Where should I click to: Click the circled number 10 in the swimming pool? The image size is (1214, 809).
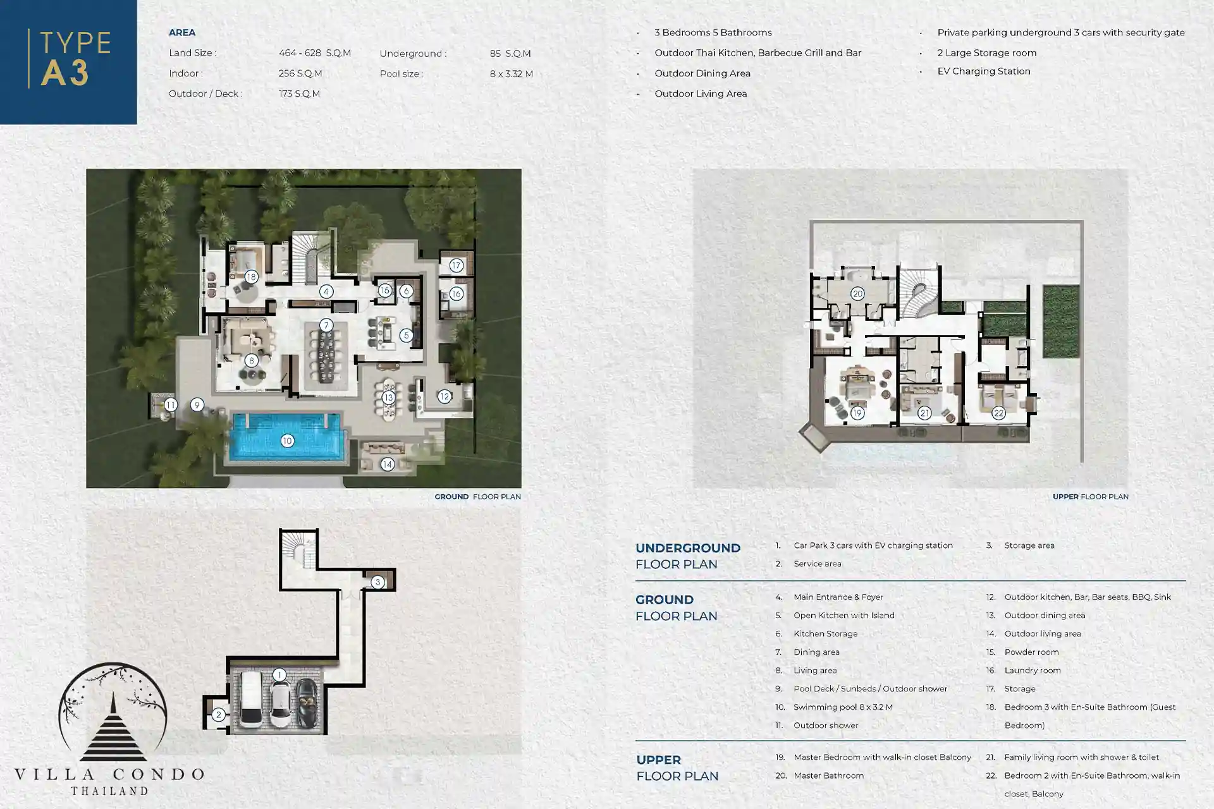287,441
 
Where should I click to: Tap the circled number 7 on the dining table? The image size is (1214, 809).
326,325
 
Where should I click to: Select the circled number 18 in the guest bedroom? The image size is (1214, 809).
252,276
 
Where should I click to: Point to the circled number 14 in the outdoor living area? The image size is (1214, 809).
388,465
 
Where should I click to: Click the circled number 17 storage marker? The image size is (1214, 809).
456,265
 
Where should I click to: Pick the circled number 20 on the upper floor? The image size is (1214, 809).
857,293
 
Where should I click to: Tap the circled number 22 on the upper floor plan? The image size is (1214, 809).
998,413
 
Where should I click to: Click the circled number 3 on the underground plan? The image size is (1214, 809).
377,582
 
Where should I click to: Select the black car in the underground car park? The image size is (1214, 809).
308,702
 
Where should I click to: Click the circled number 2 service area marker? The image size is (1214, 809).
218,715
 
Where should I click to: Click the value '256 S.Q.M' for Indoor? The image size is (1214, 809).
300,73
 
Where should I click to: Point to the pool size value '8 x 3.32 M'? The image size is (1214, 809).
512,74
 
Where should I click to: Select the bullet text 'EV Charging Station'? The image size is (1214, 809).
984,71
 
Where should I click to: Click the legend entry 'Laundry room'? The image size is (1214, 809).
1033,670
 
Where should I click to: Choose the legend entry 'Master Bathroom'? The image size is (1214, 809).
828,776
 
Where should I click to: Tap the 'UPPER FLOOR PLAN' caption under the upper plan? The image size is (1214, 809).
1091,497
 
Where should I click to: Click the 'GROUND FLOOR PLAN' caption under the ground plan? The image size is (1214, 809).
478,497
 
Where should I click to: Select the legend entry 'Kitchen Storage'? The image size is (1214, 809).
826,633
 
